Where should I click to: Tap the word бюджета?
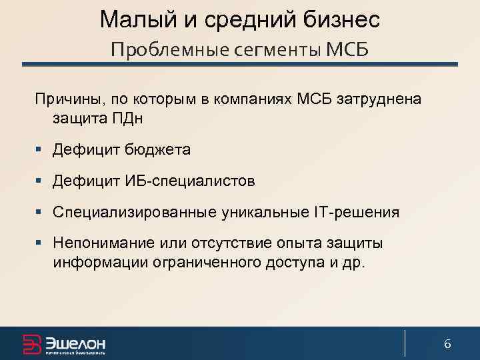pos(157,150)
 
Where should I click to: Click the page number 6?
pos(447,344)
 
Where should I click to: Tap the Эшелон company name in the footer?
pos(75,341)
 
